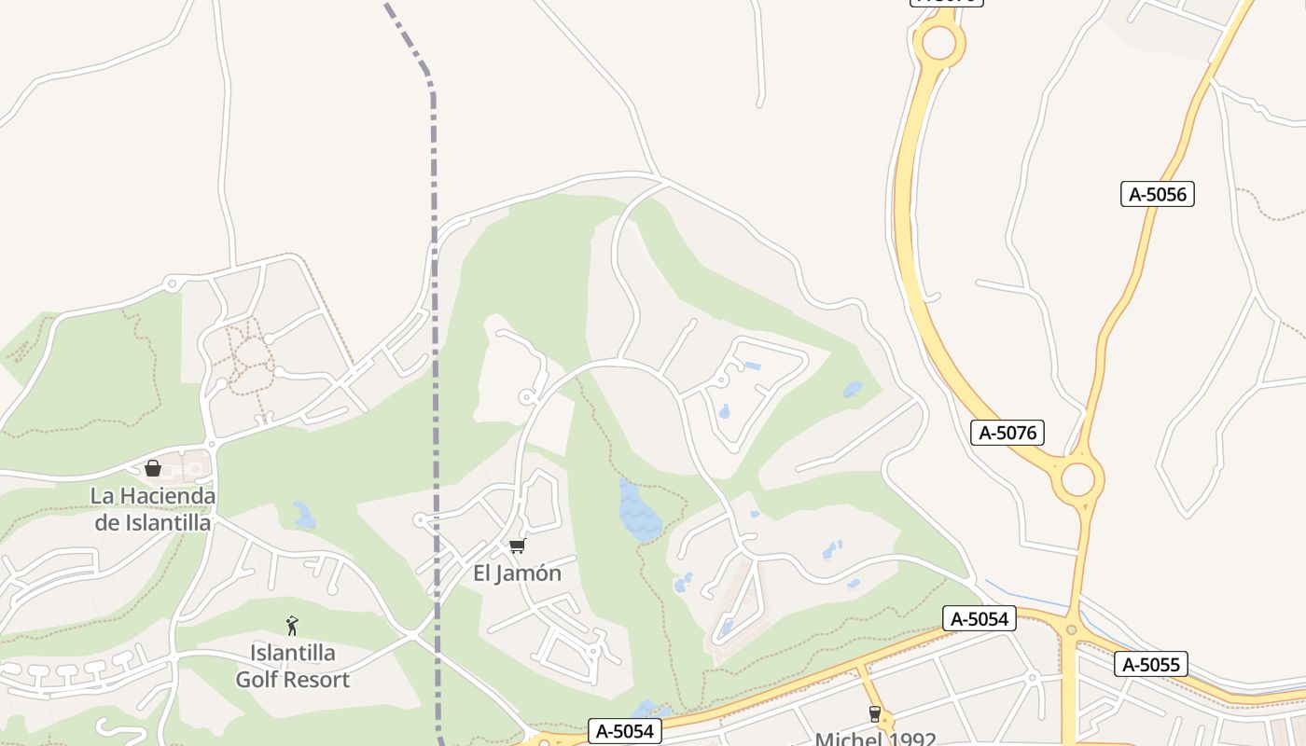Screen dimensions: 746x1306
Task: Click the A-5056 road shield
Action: point(1157,194)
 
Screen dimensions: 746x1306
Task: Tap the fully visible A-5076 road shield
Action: point(1007,433)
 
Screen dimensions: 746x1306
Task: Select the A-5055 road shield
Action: point(1150,664)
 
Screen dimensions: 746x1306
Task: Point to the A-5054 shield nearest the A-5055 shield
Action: point(979,618)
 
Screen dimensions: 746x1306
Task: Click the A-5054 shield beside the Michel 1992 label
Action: point(625,732)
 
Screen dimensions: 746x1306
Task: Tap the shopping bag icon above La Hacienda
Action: point(153,468)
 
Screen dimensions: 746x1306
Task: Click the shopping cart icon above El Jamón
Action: point(517,546)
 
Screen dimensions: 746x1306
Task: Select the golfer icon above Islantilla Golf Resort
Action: point(292,625)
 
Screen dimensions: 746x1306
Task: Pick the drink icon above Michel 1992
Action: point(874,714)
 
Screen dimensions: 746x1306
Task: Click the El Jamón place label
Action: point(517,573)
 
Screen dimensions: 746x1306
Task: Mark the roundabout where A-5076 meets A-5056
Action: point(1077,479)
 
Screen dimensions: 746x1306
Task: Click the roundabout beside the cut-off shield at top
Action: point(938,42)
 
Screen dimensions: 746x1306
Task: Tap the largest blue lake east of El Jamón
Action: point(640,511)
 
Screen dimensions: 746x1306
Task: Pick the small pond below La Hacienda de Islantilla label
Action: point(303,515)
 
